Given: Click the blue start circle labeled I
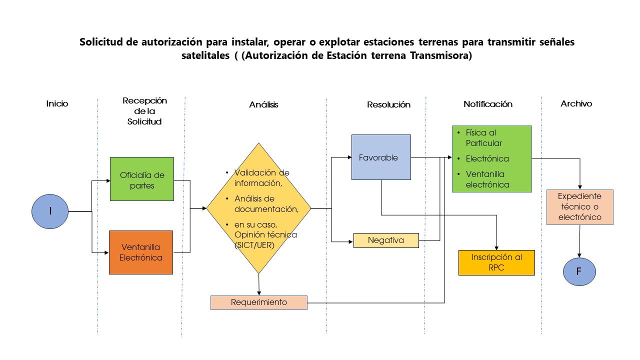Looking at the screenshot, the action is [x=50, y=211].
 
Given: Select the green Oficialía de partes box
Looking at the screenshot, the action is [x=142, y=179].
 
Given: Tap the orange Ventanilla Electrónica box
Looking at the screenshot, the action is [x=141, y=252].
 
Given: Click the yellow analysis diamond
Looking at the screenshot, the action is [x=259, y=208].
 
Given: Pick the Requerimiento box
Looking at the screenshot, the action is [x=259, y=302].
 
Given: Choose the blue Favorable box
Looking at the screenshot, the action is [x=381, y=157].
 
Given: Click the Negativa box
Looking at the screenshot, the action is [x=386, y=240].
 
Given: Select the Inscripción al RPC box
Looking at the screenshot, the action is [x=496, y=262].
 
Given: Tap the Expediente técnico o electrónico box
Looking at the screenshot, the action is [x=579, y=207].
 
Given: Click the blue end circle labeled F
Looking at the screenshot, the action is [x=579, y=271].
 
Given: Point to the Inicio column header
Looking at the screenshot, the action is [x=57, y=103].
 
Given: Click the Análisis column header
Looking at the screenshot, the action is [x=263, y=104].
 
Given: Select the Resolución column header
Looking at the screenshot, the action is [x=388, y=104].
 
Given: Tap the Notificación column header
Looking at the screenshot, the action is [x=488, y=104].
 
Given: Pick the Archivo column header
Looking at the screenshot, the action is [x=576, y=103].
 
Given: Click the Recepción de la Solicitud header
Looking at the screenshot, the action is [x=144, y=111].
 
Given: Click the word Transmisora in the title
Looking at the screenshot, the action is [x=441, y=55].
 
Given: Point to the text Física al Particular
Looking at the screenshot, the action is [x=483, y=137].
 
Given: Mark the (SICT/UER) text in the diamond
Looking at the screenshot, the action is [x=254, y=245].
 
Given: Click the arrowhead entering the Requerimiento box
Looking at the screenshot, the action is [x=259, y=293].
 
